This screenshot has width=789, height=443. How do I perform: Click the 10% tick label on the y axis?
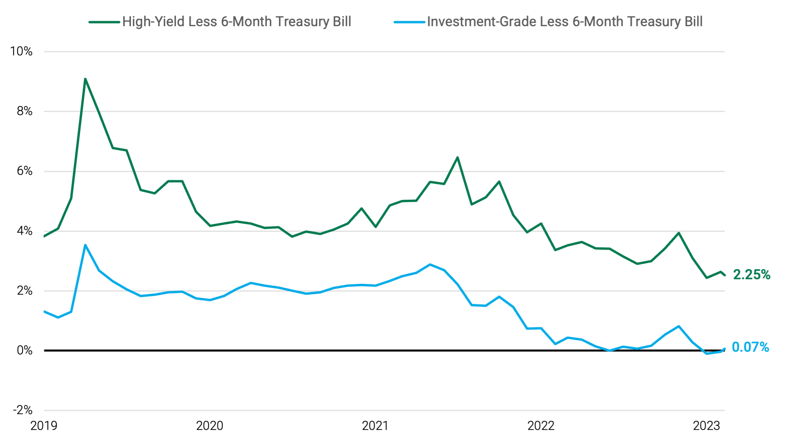pyautogui.click(x=21, y=51)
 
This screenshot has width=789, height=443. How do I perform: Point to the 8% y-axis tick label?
pyautogui.click(x=25, y=111)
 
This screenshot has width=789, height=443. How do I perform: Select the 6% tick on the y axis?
pyautogui.click(x=25, y=171)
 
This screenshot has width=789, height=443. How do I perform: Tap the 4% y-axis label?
pyautogui.click(x=25, y=231)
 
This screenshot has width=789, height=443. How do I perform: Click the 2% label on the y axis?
pyautogui.click(x=25, y=291)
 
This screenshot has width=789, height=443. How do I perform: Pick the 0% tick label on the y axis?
pyautogui.click(x=25, y=351)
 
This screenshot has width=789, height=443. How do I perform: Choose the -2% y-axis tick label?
pyautogui.click(x=22, y=410)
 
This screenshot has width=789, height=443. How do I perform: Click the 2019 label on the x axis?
pyautogui.click(x=44, y=426)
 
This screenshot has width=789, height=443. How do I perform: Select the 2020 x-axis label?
pyautogui.click(x=210, y=426)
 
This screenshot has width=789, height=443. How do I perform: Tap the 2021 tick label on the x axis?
pyautogui.click(x=375, y=426)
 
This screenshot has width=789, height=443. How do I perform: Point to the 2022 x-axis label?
pyautogui.click(x=541, y=426)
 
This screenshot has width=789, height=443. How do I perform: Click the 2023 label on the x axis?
pyautogui.click(x=706, y=426)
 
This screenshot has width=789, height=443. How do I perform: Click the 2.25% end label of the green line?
pyautogui.click(x=751, y=274)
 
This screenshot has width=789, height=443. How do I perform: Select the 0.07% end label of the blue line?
pyautogui.click(x=750, y=347)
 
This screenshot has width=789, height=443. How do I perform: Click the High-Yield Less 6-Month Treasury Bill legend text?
pyautogui.click(x=237, y=22)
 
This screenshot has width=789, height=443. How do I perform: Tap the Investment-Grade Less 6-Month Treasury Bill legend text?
pyautogui.click(x=565, y=22)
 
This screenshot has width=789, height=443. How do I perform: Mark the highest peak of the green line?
pyautogui.click(x=85, y=79)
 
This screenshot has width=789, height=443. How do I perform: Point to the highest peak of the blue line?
pyautogui.click(x=85, y=245)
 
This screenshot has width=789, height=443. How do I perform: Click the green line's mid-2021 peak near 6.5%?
pyautogui.click(x=458, y=158)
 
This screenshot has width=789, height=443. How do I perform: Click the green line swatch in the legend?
pyautogui.click(x=104, y=22)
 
